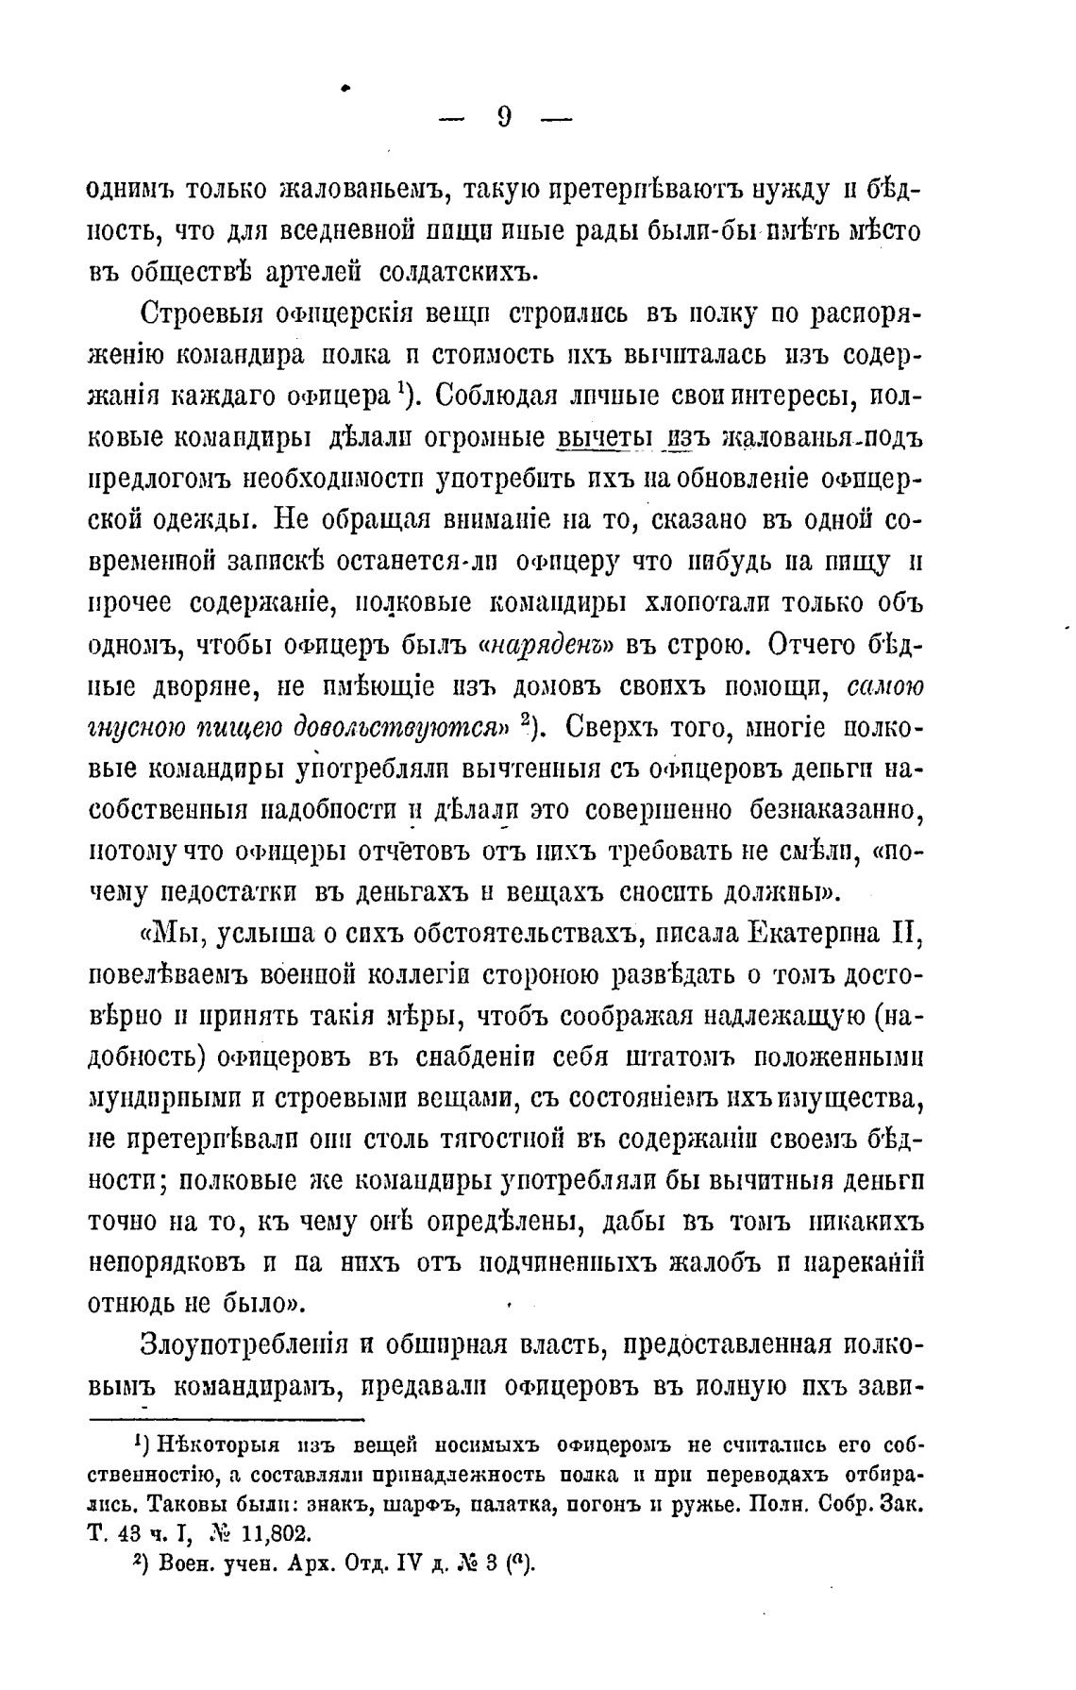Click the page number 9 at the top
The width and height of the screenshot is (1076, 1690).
(x=503, y=117)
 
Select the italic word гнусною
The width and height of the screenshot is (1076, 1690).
(x=132, y=729)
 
